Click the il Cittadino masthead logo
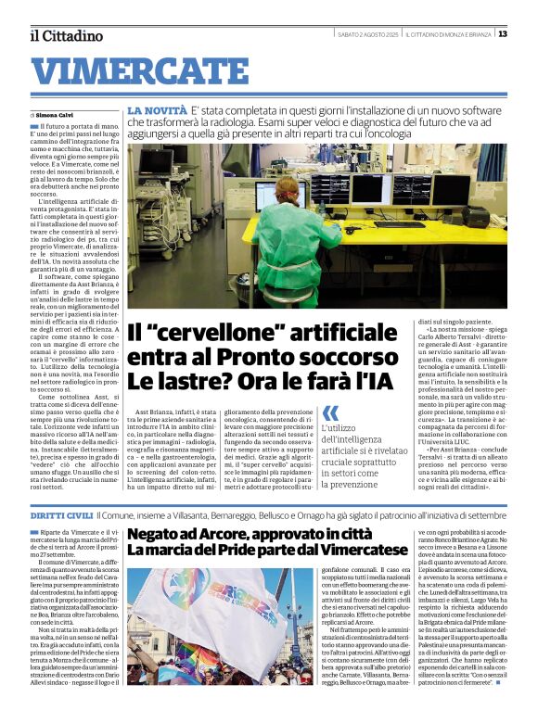(x=66, y=35)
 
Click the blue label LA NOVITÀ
(x=156, y=109)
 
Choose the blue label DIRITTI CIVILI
(x=61, y=514)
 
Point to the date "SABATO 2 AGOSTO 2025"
(x=367, y=34)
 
